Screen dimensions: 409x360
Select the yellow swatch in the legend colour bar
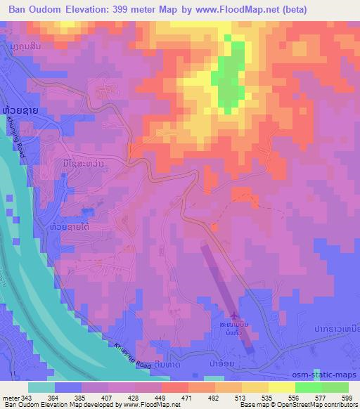tap(282, 387)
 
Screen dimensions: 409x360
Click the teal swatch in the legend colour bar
tap(41, 387)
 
